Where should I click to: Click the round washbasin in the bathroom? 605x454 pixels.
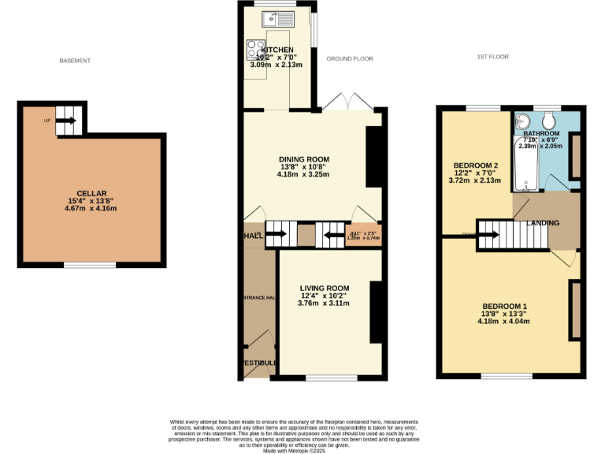tap(522, 122)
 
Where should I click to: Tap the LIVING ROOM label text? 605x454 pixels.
tap(324, 288)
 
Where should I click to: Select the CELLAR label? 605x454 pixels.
tap(91, 193)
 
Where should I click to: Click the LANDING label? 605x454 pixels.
tap(543, 223)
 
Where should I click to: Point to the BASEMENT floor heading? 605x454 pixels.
tap(76, 61)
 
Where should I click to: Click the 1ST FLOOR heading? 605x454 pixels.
tap(493, 58)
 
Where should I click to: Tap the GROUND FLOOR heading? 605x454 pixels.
tap(349, 59)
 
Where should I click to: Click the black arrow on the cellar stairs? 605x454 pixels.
tap(66, 121)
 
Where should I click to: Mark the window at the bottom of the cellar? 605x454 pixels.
tap(90, 266)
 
